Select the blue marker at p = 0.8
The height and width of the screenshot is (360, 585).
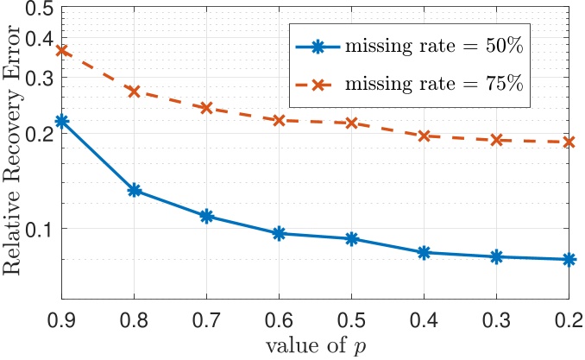[135, 190]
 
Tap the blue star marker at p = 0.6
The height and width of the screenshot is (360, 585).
[280, 233]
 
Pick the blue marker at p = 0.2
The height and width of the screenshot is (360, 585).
[569, 259]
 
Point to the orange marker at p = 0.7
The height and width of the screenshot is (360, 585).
[207, 108]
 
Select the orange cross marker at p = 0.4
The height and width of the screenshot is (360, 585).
[425, 136]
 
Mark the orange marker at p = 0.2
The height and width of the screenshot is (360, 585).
[569, 142]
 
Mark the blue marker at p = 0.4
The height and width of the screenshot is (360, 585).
[425, 252]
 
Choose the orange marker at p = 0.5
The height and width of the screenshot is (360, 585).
[352, 123]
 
